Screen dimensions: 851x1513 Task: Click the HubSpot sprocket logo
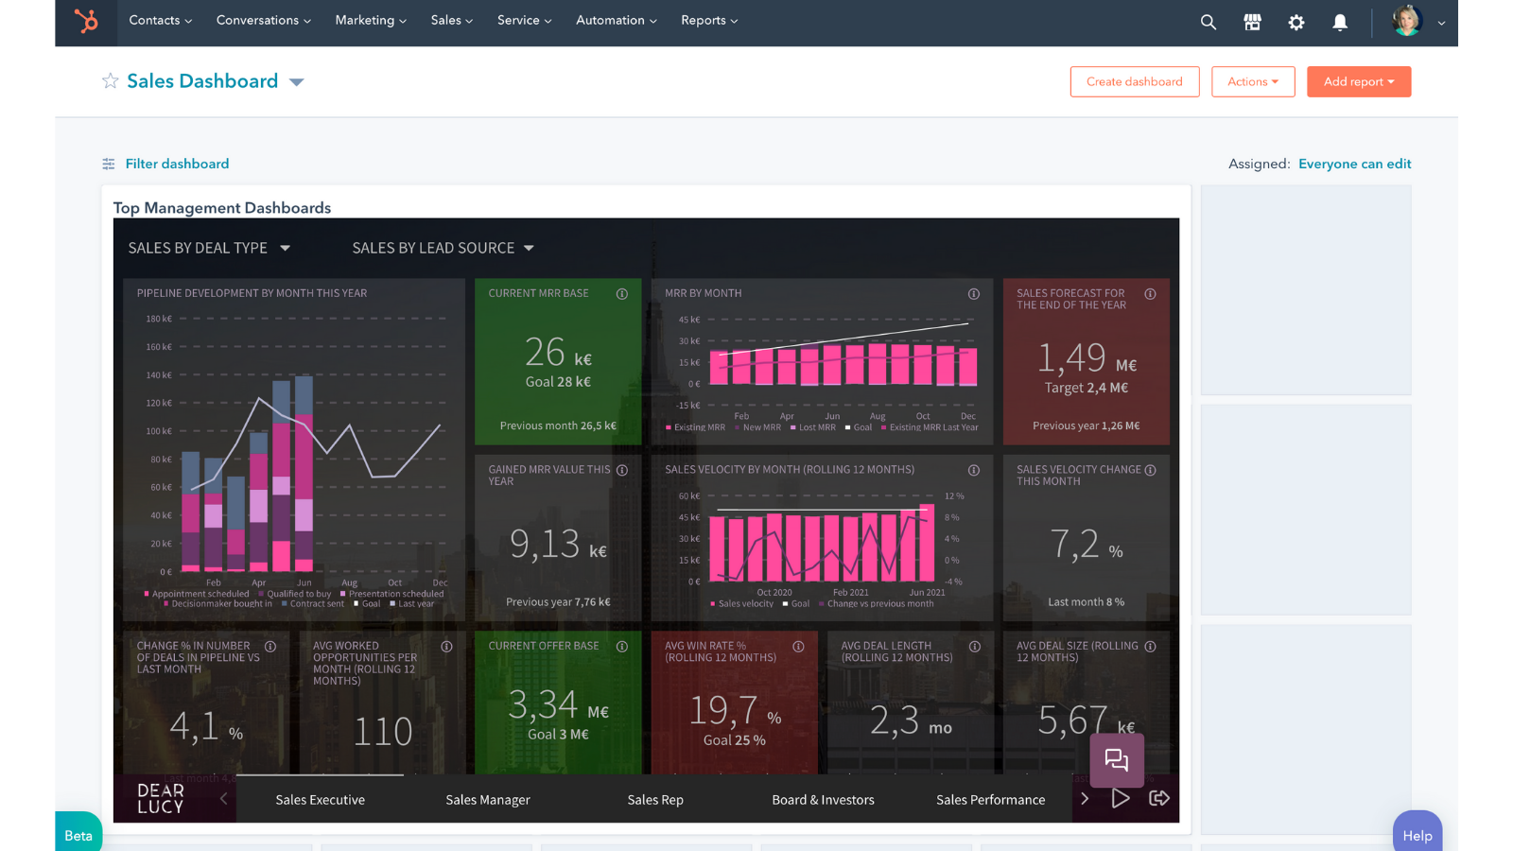point(86,21)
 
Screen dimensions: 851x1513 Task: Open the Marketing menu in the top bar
point(370,21)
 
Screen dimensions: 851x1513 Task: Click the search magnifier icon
point(1208,22)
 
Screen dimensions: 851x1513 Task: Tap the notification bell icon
point(1340,22)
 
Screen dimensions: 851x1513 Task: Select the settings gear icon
point(1296,22)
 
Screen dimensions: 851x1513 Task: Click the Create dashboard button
point(1134,82)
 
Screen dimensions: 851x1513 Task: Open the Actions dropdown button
point(1252,82)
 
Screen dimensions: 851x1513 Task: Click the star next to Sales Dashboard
point(111,81)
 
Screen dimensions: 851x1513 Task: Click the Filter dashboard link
point(177,164)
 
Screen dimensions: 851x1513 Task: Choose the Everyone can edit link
point(1354,164)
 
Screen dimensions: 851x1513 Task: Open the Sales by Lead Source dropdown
point(443,248)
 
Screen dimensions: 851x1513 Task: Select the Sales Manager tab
point(487,800)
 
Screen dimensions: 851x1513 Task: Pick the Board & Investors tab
point(823,800)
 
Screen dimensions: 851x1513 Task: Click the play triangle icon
point(1120,799)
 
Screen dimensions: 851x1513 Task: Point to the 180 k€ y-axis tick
point(159,320)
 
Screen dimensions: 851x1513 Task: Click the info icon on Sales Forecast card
point(1150,294)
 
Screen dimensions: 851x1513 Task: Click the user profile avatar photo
point(1406,21)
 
